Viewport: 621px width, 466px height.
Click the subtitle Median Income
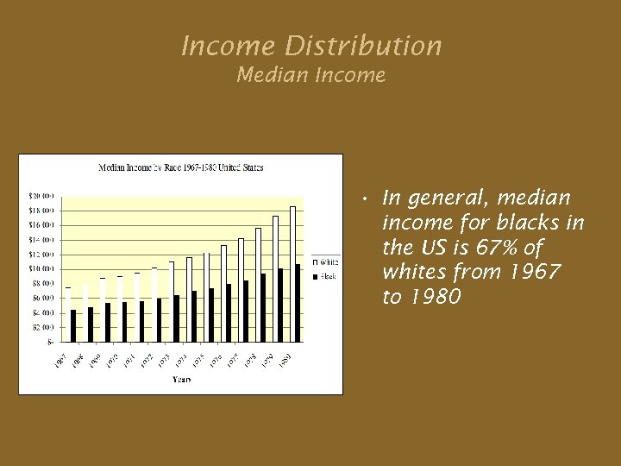[x=310, y=76]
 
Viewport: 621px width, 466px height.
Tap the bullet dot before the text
[x=367, y=200]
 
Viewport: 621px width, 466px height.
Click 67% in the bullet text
[x=494, y=248]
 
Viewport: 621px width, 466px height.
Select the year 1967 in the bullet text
[x=534, y=272]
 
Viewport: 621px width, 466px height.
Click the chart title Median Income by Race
[x=180, y=167]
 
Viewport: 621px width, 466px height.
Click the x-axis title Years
[x=181, y=379]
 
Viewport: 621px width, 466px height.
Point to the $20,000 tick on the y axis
[x=42, y=195]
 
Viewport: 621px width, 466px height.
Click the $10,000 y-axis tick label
[x=42, y=268]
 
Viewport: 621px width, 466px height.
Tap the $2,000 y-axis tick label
[x=42, y=327]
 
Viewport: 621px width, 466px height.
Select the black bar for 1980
[x=298, y=303]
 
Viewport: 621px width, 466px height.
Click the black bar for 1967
[x=73, y=325]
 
